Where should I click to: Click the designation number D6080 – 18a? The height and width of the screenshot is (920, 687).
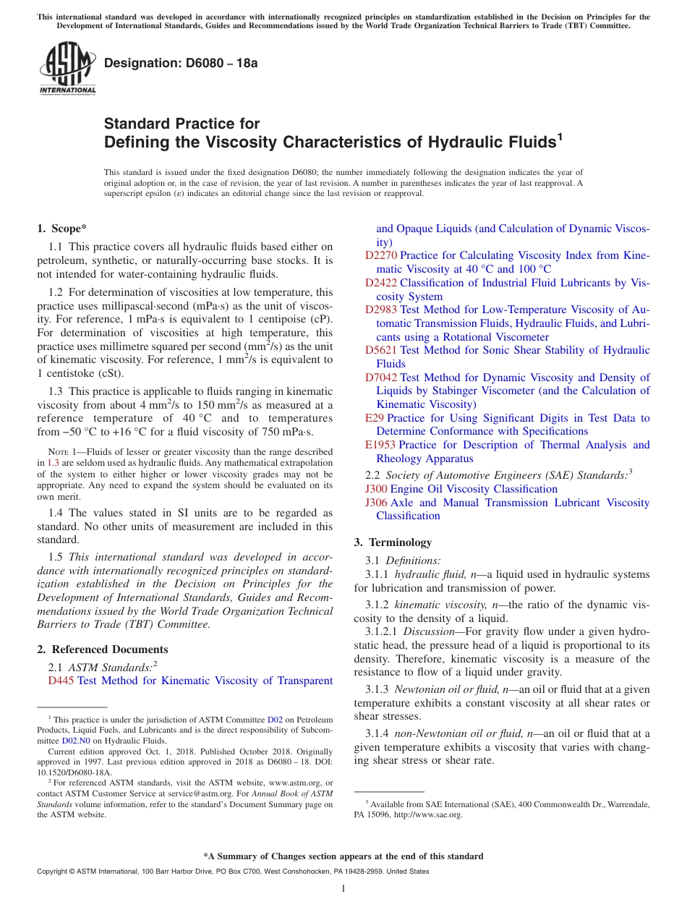coord(181,63)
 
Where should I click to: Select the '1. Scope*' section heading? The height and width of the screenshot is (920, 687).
coord(61,229)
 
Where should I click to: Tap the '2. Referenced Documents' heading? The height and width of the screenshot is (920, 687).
coord(102,649)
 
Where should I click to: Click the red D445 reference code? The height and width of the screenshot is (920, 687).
coord(61,681)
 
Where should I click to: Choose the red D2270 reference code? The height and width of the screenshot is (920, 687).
coord(380,255)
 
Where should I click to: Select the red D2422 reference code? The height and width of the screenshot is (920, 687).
coord(380,283)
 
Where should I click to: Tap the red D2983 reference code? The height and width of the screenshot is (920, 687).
coord(380,310)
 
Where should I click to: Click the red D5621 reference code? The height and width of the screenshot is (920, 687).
coord(380,350)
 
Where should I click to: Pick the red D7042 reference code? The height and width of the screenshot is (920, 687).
coord(380,378)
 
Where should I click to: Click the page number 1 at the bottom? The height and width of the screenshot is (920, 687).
coord(343,888)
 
